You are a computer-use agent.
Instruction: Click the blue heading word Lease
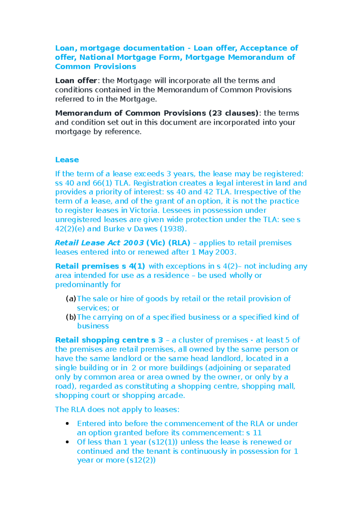coord(67,160)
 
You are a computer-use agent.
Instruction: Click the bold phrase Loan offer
coord(76,81)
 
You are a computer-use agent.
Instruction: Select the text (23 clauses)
coord(234,113)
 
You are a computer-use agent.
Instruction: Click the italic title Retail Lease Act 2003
coord(100,243)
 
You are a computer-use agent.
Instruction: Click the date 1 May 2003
coord(214,252)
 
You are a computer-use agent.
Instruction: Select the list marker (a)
coord(71,299)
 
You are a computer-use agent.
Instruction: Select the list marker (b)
coord(71,317)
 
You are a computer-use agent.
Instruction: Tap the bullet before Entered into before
coord(67,424)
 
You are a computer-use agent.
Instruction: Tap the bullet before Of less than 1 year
coord(67,442)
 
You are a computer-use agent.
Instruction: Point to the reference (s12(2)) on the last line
coord(141,460)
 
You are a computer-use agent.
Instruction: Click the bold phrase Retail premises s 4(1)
coord(100,266)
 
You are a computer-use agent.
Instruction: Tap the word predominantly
coord(82,285)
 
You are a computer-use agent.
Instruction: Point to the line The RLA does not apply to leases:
coord(117,410)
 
